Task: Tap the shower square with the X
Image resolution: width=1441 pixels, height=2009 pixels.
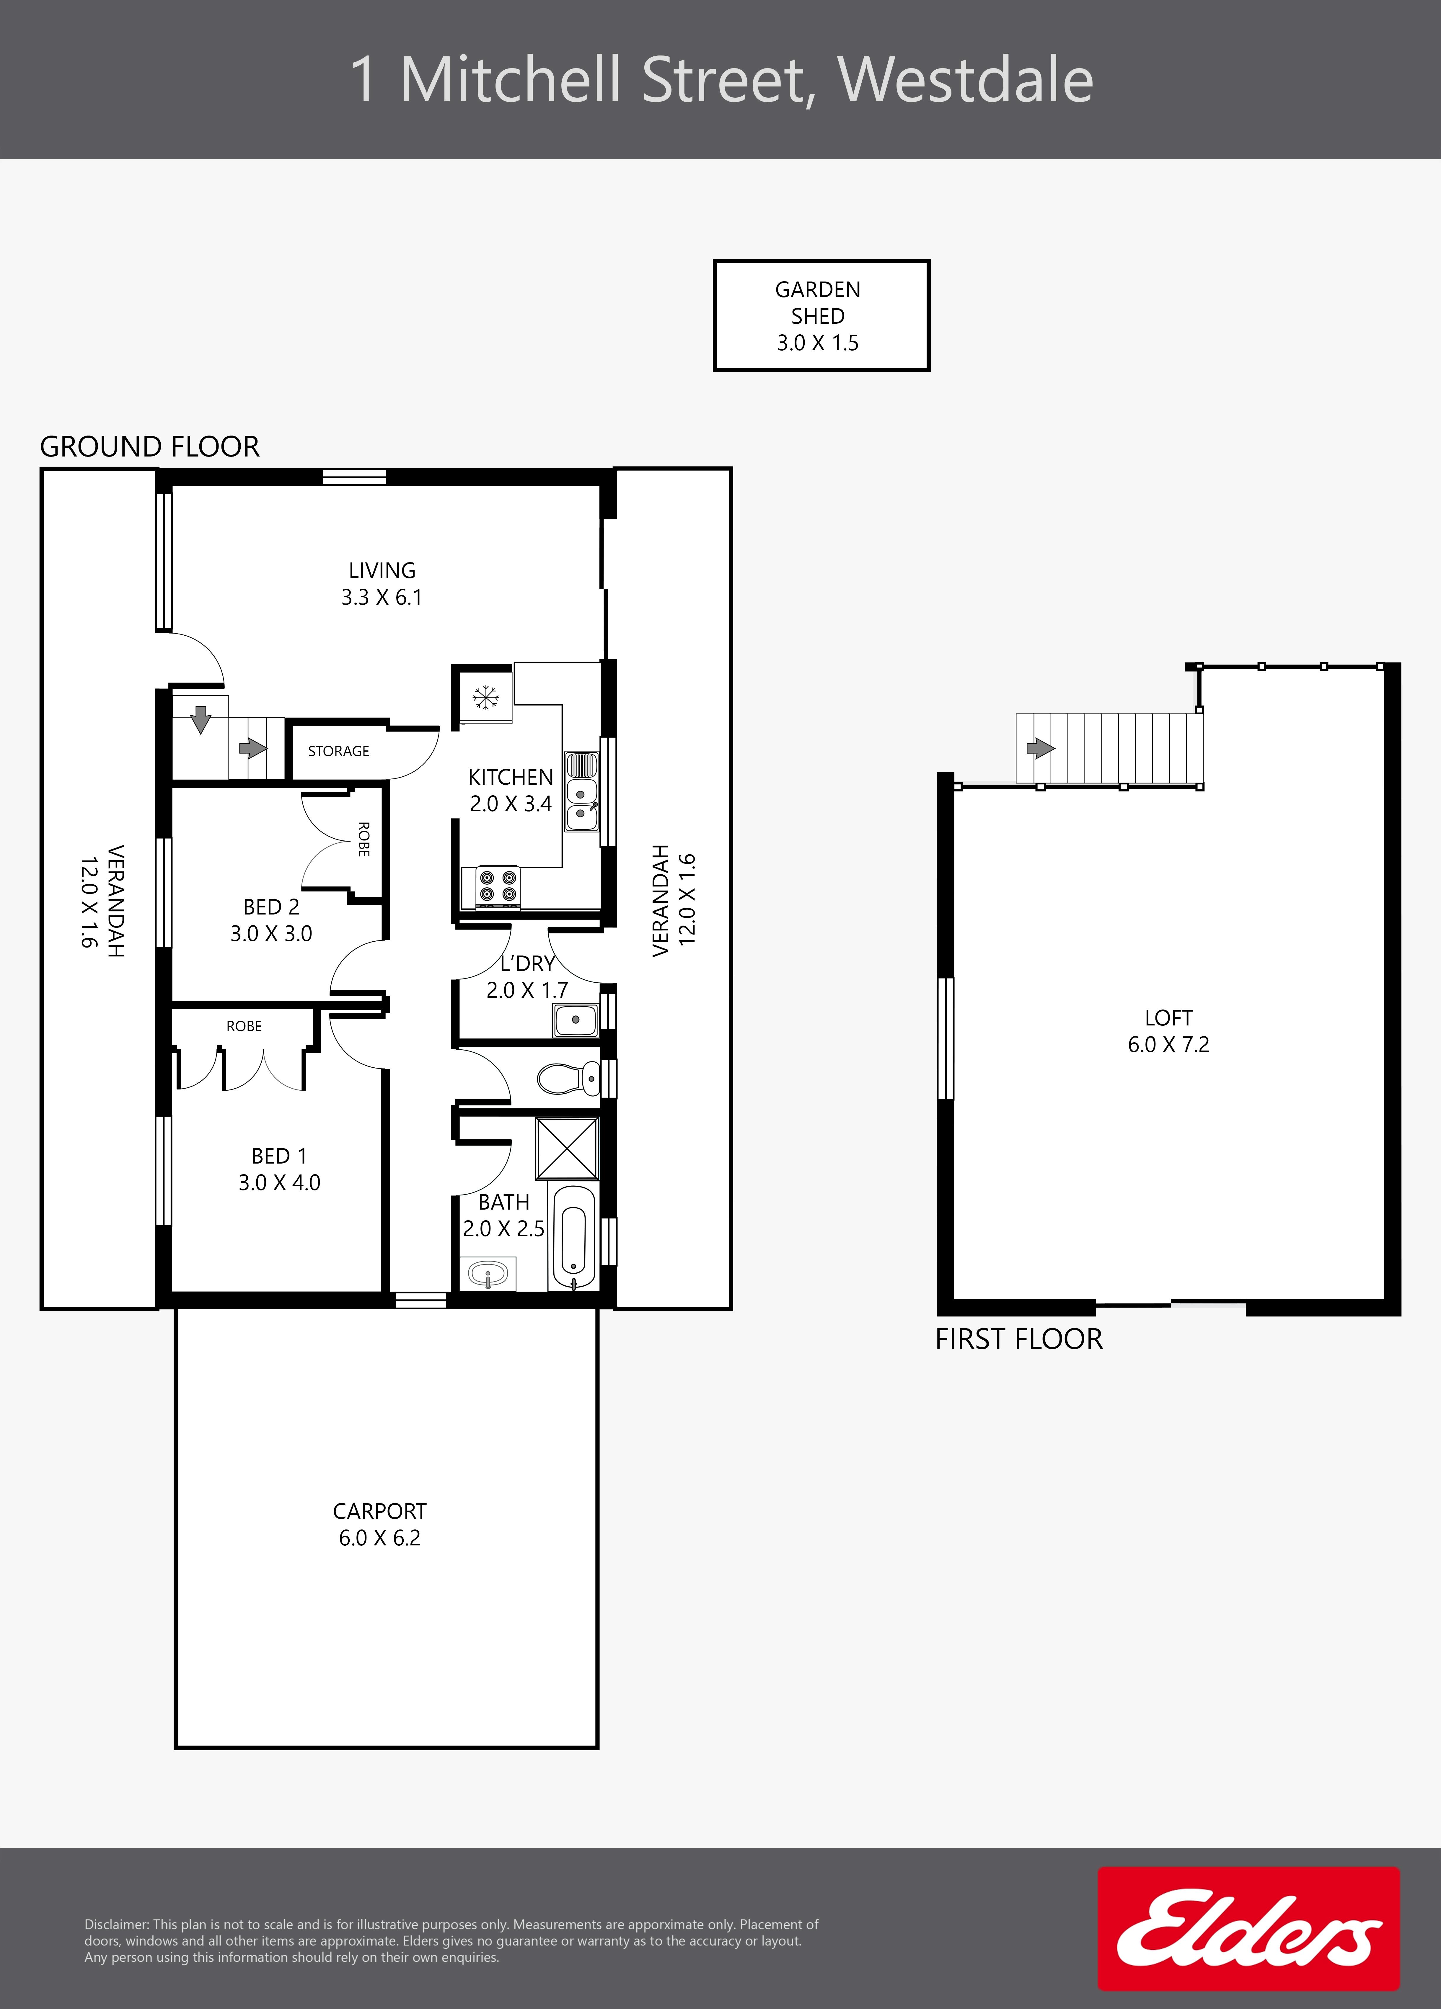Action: pos(567,1148)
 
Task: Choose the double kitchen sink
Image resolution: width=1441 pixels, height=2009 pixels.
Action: pos(581,791)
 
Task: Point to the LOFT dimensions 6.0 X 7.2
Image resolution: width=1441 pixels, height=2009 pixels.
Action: pos(1168,1044)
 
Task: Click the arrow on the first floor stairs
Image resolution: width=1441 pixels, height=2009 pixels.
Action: pos(1040,748)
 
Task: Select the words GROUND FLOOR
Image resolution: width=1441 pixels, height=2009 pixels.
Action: pos(150,446)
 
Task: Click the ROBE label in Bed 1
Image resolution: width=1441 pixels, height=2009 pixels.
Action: pos(244,1026)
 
